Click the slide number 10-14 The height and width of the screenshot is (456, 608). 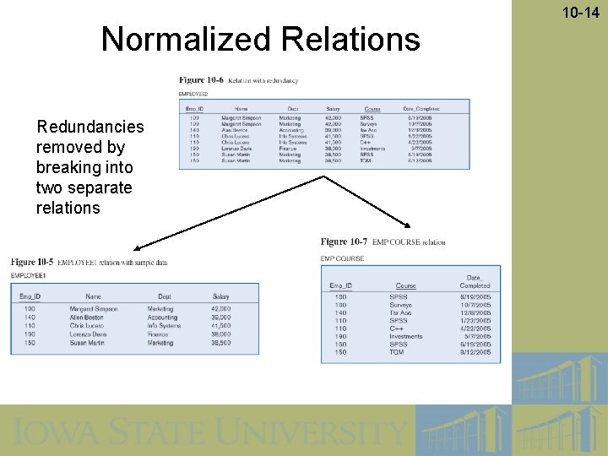click(584, 13)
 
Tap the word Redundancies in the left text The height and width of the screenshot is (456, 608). click(90, 127)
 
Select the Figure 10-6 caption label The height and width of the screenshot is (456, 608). click(201, 80)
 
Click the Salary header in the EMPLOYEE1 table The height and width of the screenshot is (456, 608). click(220, 296)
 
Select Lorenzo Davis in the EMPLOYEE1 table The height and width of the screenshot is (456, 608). click(88, 334)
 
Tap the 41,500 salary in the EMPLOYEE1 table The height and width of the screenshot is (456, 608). click(220, 326)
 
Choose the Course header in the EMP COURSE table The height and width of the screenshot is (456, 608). click(405, 285)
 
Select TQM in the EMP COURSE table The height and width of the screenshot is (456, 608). click(397, 352)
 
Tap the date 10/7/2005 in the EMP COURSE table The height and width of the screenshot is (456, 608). click(475, 305)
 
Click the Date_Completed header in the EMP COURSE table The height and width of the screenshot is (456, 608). click(474, 281)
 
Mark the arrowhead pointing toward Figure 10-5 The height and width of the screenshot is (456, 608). click(136, 247)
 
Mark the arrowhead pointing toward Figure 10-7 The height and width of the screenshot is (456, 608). click(411, 225)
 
